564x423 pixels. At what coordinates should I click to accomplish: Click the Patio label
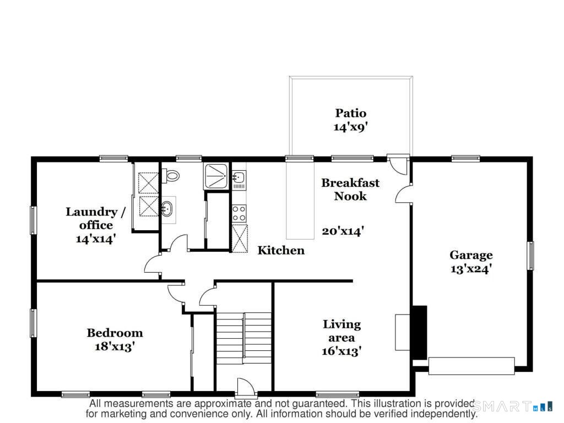[x=351, y=113]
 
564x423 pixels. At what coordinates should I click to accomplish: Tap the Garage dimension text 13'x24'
[x=470, y=269]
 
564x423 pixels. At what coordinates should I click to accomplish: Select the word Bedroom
[x=115, y=333]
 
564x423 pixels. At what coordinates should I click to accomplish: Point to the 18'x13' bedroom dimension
[x=115, y=346]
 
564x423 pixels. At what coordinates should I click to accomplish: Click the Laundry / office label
[x=91, y=218]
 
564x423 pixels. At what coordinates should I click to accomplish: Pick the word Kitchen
[x=281, y=251]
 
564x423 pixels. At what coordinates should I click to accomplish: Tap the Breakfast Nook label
[x=350, y=189]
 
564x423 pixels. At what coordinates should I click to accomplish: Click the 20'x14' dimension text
[x=342, y=231]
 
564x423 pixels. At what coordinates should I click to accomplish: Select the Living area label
[x=341, y=330]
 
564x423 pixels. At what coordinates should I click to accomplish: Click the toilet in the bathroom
[x=172, y=176]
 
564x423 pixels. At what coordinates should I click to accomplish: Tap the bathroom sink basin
[x=167, y=209]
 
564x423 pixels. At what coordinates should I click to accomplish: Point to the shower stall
[x=216, y=176]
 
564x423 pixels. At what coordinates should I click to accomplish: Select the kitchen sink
[x=239, y=178]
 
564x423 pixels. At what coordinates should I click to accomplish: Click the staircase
[x=243, y=339]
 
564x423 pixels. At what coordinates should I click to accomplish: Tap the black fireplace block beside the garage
[x=420, y=333]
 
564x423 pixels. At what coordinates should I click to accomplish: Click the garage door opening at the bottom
[x=471, y=366]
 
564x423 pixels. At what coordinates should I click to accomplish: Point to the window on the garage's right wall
[x=530, y=256]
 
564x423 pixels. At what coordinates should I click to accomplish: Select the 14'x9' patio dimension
[x=350, y=127]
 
